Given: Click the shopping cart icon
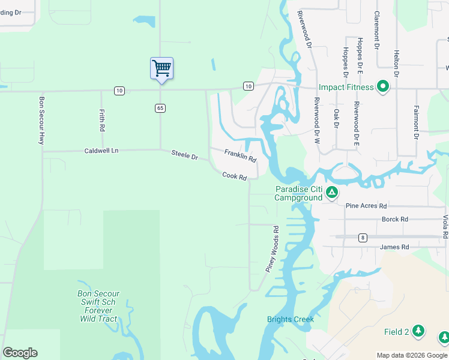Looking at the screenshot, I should (161, 68).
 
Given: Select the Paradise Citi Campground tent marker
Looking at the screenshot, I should (332, 193).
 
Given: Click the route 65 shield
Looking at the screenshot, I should (160, 108).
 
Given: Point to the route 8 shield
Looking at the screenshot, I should (363, 238).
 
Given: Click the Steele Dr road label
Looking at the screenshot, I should (184, 155).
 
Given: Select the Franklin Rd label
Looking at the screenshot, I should (240, 156).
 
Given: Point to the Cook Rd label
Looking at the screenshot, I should (235, 176).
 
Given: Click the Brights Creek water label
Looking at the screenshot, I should (291, 319).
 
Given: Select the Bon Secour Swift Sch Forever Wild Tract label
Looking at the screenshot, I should (98, 306).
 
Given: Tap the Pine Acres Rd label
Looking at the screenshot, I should (366, 206).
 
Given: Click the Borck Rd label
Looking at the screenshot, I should (394, 220).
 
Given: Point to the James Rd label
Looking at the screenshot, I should (394, 247).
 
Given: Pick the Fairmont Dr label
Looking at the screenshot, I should (415, 122).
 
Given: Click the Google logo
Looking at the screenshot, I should (20, 353).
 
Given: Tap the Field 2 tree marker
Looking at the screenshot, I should (418, 331).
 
